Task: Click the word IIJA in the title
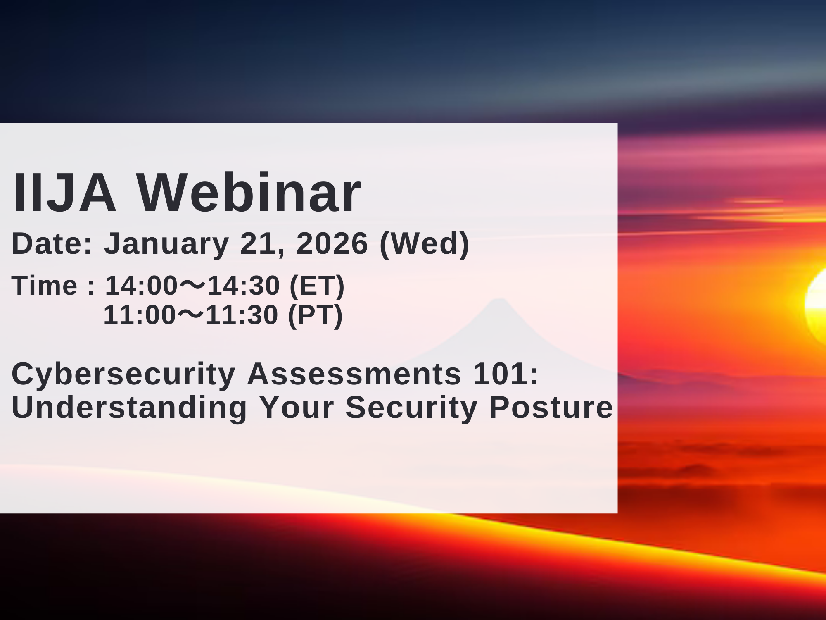coord(64,193)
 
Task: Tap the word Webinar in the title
coord(249,193)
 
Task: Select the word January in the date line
coord(166,244)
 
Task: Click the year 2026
coord(332,244)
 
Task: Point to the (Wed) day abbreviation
coord(424,244)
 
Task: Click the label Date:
coord(52,244)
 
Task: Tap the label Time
coord(45,286)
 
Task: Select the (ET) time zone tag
coord(317,286)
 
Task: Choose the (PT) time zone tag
coord(315,315)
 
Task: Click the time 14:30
coord(243,286)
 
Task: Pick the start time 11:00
coord(140,315)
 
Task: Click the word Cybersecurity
coord(123,374)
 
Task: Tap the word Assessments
coord(354,374)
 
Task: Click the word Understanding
coord(129,408)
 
